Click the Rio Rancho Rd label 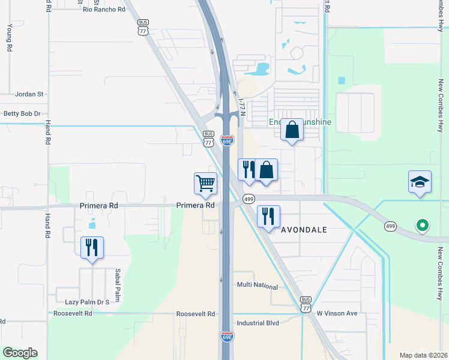point(104,10)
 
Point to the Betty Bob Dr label point(22,113)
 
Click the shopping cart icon point(205,183)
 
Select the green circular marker point(423,226)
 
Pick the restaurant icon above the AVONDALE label point(268,215)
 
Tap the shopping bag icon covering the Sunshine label point(292,129)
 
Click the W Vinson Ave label point(337,313)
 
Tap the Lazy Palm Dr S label point(82,302)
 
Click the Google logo point(20,353)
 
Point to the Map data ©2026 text point(423,355)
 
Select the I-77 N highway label point(243,107)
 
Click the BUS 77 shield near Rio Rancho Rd point(142,28)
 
